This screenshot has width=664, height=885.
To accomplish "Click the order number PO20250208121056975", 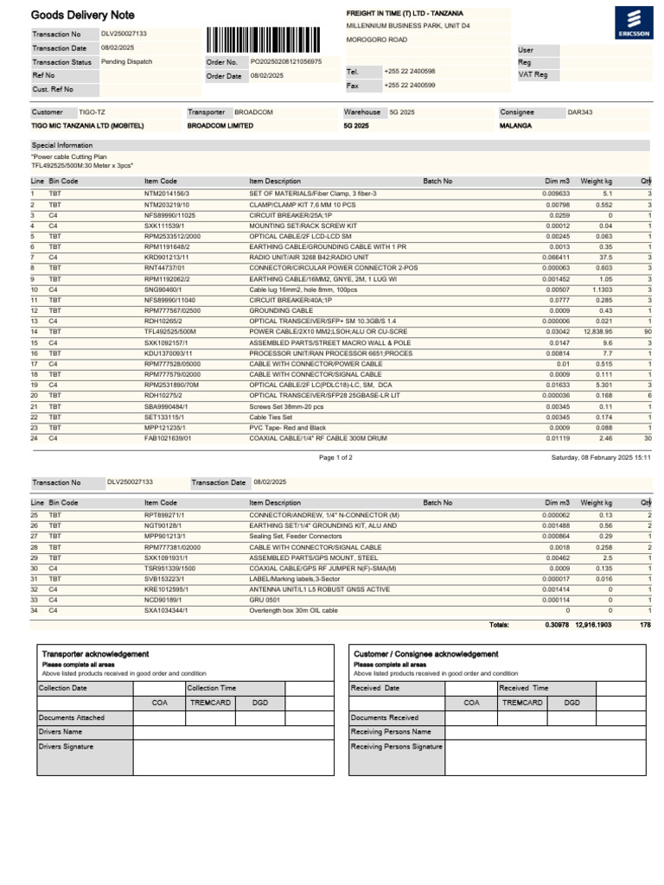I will (286, 62).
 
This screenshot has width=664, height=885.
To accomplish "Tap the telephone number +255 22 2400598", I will (410, 72).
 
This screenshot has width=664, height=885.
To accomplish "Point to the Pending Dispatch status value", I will (128, 62).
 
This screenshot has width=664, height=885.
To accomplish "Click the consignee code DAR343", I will (579, 112).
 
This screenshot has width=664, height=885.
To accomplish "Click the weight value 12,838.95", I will (597, 331).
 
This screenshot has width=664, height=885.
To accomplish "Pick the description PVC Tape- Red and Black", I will (287, 427).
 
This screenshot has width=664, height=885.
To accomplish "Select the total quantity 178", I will (645, 624).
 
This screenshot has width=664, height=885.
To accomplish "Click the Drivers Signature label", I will (67, 747).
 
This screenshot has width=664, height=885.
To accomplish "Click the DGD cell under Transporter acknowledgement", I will (260, 703).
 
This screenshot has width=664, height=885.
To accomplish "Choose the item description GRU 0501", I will (265, 598).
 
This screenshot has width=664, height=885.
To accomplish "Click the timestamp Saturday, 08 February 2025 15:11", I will (601, 457).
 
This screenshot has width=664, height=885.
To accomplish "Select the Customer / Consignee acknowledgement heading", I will (426, 654).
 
